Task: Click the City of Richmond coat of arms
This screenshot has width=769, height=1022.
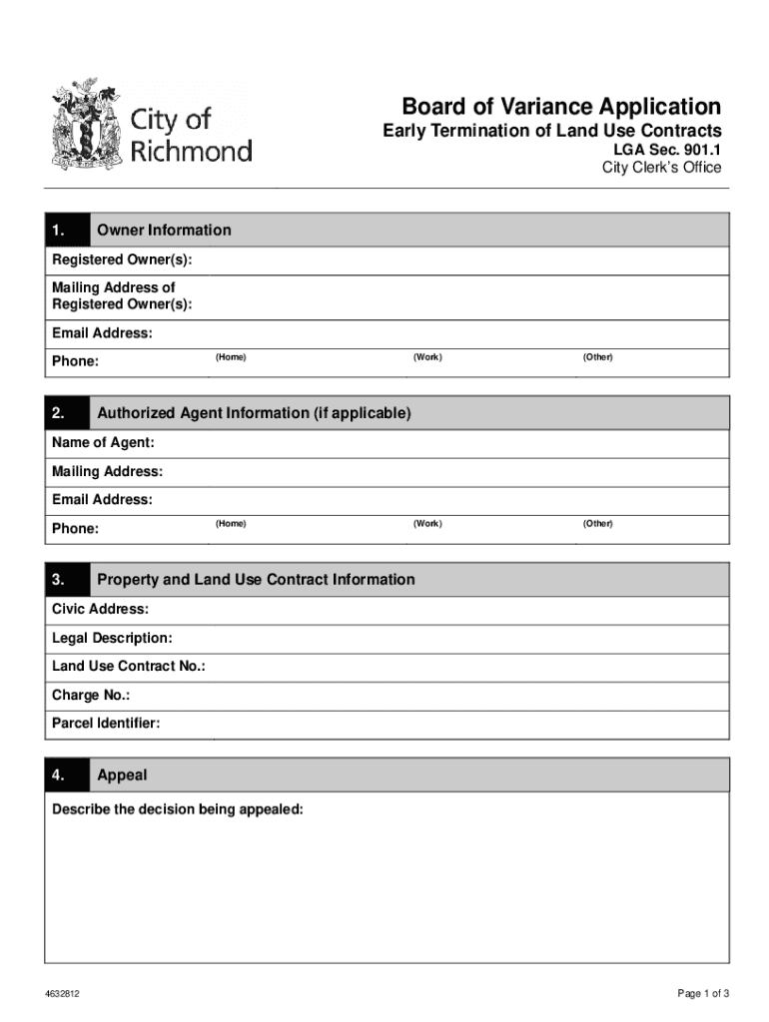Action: coord(87,124)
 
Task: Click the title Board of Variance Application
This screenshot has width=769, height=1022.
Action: coord(560,107)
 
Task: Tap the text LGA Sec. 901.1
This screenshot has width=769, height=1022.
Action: coord(666,150)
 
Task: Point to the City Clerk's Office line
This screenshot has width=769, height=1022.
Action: coord(660,168)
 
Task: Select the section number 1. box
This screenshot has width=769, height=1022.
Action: coord(67,231)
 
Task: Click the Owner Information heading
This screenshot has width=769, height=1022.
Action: coord(164,231)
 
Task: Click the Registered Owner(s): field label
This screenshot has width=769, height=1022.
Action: coord(122,260)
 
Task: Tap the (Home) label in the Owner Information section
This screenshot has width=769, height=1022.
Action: coord(230,357)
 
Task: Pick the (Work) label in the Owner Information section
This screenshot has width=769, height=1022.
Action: coord(427,357)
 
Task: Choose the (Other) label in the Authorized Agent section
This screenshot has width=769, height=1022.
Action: coord(598,524)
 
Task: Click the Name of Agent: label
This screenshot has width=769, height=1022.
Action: coord(103,443)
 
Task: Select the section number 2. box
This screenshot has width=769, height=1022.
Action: coord(67,413)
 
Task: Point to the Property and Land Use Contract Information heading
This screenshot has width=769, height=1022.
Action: coord(256,580)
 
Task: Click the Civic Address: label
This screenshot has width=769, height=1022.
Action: coord(100,609)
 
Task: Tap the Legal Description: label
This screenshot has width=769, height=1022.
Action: coord(112,638)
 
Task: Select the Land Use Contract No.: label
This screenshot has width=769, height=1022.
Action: coord(129,666)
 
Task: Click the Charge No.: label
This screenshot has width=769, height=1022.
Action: coord(91,695)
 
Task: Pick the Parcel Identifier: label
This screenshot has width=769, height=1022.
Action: coord(106,723)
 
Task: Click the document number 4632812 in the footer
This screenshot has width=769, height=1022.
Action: coord(62,994)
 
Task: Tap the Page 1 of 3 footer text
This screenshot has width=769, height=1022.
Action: coord(704,993)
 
